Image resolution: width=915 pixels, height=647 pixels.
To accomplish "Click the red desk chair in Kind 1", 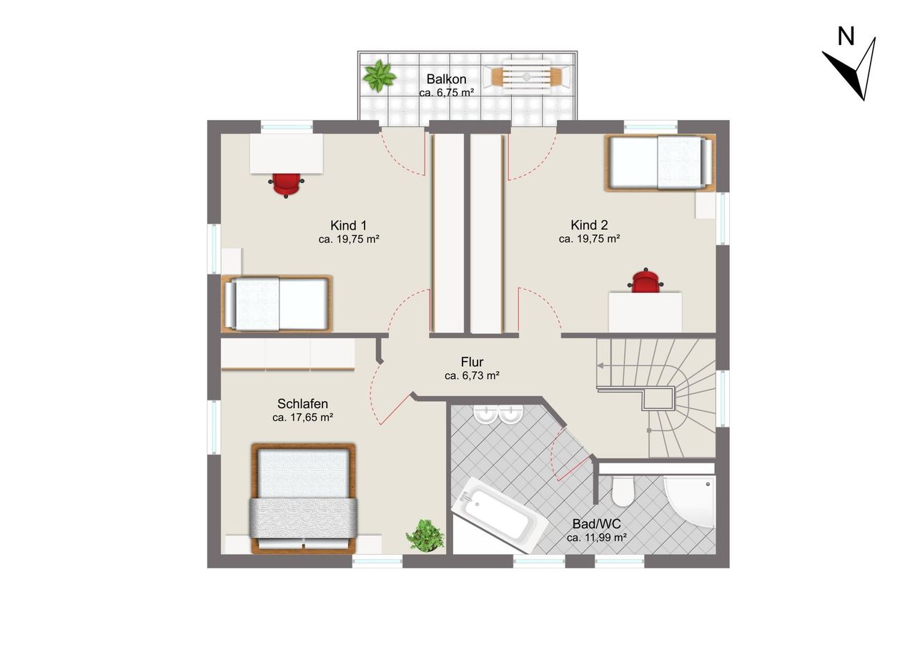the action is tap(286, 185).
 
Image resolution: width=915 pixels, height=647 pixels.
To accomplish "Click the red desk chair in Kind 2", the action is tap(646, 280).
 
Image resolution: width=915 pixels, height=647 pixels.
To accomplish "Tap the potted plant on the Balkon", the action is tap(379, 75).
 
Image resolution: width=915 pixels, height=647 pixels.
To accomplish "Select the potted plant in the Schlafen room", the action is tap(425, 535).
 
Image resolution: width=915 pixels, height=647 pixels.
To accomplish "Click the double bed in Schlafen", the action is tap(303, 499).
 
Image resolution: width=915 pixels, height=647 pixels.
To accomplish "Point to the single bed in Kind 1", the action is tap(277, 304).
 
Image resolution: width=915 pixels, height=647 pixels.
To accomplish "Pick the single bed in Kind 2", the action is tap(660, 162).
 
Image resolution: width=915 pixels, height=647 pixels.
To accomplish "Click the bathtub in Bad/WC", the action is tap(499, 515).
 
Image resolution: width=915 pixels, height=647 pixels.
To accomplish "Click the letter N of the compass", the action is tap(846, 36).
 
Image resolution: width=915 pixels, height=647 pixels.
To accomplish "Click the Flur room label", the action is tap(473, 362).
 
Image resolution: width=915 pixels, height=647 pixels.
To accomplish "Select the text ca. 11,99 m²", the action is tap(597, 538).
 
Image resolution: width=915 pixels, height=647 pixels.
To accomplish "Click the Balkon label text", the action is tap(447, 79).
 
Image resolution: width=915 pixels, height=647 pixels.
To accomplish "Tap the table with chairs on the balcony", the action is tap(527, 76).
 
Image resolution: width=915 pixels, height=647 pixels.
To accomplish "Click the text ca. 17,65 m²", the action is tap(302, 418).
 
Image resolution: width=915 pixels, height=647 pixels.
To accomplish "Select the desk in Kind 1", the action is tap(287, 154).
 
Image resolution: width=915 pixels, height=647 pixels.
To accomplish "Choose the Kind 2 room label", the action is tap(589, 225).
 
